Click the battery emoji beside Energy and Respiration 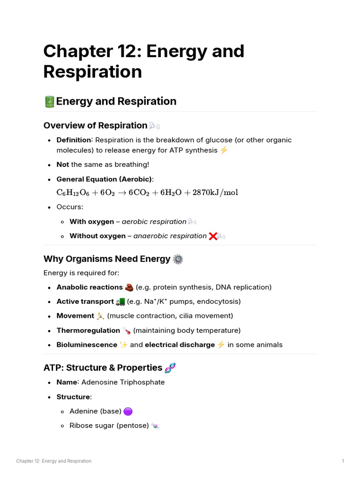49,101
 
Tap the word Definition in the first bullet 74,140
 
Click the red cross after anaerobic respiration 212,236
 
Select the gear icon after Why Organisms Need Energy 178,259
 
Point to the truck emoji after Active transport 120,301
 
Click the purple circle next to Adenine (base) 128,412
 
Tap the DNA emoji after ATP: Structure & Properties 170,368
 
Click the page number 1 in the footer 343,461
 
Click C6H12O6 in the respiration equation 73,193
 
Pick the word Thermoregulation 88,330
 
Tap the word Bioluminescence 87,345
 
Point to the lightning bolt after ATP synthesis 224,150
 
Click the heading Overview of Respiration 95,126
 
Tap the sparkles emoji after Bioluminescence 124,345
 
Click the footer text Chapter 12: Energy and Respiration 54,461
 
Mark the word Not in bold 63,165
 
